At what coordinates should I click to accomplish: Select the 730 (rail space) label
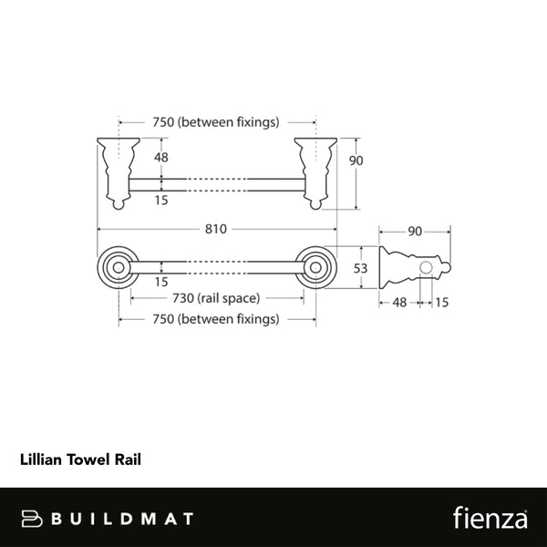click(217, 298)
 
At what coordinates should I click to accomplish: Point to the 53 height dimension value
click(361, 267)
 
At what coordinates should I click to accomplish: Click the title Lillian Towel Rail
click(80, 460)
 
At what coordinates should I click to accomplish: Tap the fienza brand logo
click(490, 518)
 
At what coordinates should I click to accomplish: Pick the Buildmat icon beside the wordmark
click(34, 519)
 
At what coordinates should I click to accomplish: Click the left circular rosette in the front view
click(117, 267)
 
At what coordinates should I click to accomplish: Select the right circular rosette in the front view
click(317, 267)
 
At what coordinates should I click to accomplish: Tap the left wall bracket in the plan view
click(117, 170)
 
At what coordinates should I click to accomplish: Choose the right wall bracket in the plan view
click(315, 170)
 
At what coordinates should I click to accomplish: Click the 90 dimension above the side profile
click(414, 231)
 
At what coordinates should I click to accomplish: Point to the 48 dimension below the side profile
click(399, 302)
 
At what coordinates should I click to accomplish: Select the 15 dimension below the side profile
click(441, 302)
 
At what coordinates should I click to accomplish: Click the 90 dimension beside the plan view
click(356, 160)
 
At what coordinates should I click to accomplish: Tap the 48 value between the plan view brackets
click(161, 156)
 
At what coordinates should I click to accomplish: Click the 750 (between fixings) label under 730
click(215, 319)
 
